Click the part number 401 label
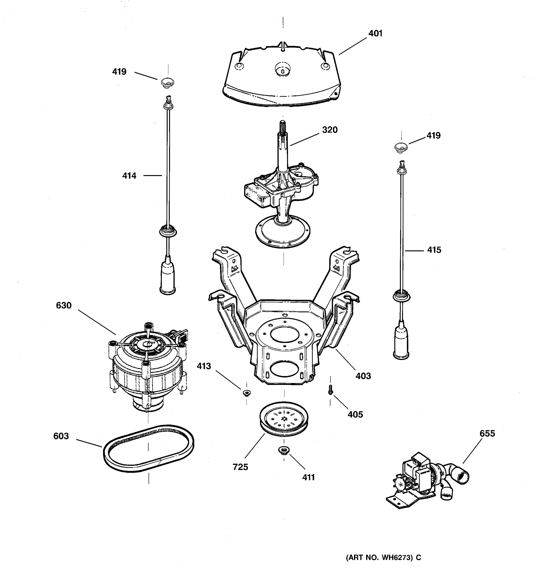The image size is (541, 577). [375, 34]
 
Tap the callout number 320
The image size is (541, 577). [329, 130]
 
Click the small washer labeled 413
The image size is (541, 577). [247, 393]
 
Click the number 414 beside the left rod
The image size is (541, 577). [129, 176]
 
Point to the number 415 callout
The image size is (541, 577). [434, 250]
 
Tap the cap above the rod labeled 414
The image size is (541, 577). [167, 83]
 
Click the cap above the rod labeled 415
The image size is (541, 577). [401, 147]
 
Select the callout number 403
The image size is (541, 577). [363, 376]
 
